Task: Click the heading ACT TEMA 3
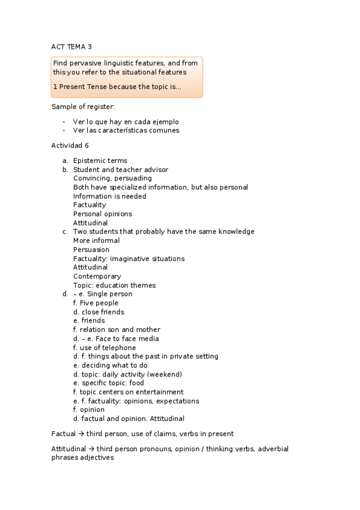coord(72,46)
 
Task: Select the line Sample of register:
coord(83,107)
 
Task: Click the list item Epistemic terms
coord(100,161)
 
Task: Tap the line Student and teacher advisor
coord(120,170)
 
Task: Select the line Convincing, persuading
coord(112,179)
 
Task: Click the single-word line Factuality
coord(90,205)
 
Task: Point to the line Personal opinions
coord(102,214)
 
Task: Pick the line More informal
coord(96,241)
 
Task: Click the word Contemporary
coord(97,277)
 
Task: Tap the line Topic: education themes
coord(114,286)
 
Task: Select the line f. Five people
coord(96,303)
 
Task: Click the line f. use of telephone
coord(104,348)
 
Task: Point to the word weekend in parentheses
coord(164,375)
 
